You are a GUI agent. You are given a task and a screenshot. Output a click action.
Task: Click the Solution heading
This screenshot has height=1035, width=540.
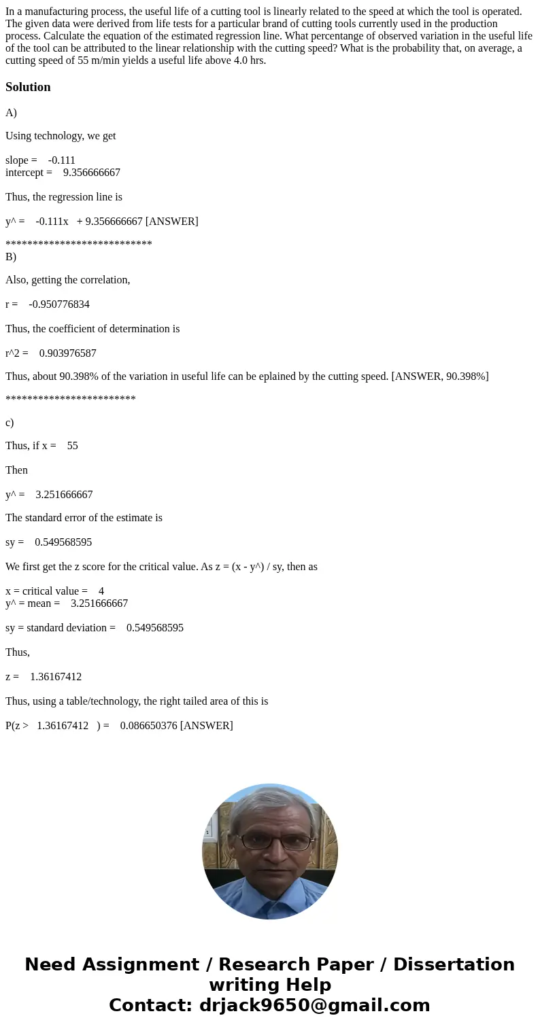tap(28, 87)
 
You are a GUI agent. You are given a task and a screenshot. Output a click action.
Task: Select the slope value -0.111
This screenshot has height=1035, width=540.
tap(62, 160)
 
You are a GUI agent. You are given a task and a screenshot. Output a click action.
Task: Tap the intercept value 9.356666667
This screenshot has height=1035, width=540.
tap(92, 173)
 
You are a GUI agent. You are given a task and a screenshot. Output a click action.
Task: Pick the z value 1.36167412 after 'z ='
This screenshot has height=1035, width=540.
tap(56, 677)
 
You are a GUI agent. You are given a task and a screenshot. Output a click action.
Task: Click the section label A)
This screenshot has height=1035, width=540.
tap(11, 113)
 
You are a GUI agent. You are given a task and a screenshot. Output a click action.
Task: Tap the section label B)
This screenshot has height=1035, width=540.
tap(11, 257)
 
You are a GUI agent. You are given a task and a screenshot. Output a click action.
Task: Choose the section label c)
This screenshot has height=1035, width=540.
tap(10, 423)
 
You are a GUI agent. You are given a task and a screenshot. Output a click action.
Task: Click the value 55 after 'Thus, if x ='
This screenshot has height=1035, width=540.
tap(73, 446)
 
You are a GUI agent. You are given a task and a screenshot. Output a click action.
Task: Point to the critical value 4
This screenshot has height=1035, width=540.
tap(101, 591)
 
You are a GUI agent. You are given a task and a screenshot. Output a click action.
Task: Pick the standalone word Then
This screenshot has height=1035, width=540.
tap(16, 470)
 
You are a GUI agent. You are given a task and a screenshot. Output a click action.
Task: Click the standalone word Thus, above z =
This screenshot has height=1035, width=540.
tap(18, 652)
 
